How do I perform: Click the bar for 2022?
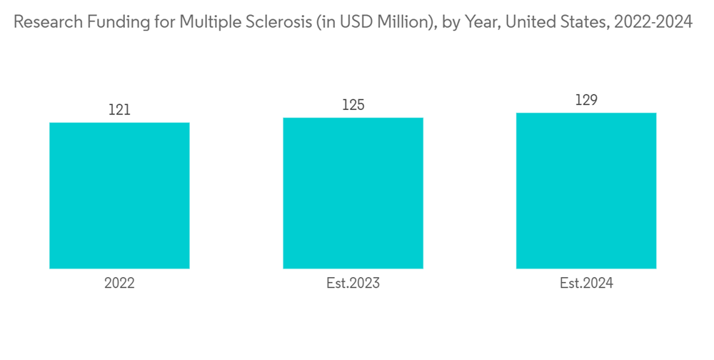pos(119,196)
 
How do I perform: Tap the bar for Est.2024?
pos(586,191)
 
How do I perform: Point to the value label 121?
pos(119,110)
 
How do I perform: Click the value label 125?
pos(353,105)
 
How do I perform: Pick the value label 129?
pos(586,100)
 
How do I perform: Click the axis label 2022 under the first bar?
pos(119,284)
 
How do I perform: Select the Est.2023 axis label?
pos(353,284)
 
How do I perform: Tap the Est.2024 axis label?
pos(586,284)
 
